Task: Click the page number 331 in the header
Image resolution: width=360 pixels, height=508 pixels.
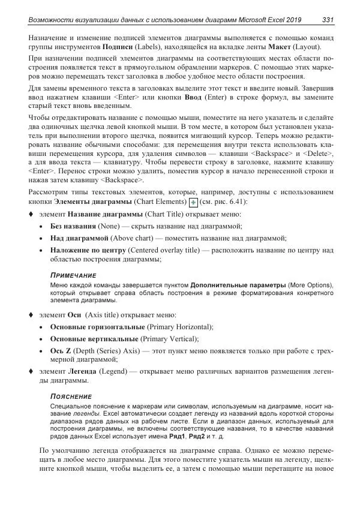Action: click(328, 20)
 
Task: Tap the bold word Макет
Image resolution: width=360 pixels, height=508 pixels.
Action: click(277, 46)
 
